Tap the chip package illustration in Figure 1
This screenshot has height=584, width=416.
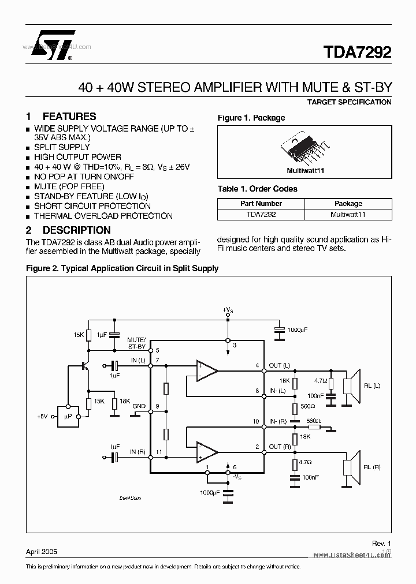pos(305,149)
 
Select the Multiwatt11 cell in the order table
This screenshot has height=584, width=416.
pos(348,214)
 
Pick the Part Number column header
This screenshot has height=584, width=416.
pos(261,204)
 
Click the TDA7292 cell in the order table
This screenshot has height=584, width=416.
pos(261,214)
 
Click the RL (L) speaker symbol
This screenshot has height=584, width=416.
pos(351,385)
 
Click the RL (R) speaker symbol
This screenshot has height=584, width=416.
pos(351,466)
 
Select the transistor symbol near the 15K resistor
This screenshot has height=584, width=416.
pos(86,365)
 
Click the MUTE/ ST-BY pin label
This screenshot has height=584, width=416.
pos(137,343)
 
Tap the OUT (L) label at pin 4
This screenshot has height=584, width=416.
pos(280,365)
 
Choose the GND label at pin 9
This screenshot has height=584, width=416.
pos(139,406)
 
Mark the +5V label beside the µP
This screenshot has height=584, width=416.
pos(43,417)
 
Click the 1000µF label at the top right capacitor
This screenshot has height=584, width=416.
pos(297,329)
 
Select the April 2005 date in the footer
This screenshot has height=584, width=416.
pos(42,552)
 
